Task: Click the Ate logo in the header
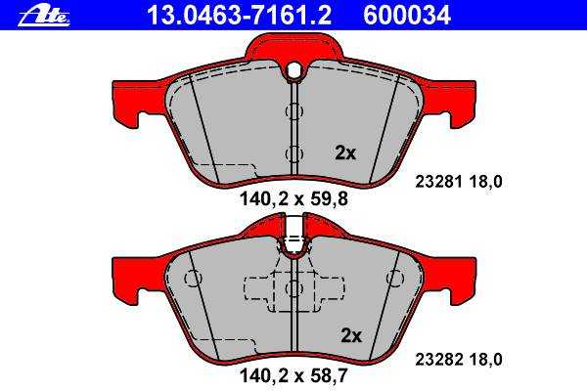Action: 44,17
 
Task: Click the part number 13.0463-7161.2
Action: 240,16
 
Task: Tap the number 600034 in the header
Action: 407,16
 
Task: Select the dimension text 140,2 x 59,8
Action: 293,198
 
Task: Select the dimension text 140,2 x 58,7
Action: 293,375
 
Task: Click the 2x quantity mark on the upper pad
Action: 344,152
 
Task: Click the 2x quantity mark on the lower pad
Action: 351,335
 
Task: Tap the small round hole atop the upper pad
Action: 294,68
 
